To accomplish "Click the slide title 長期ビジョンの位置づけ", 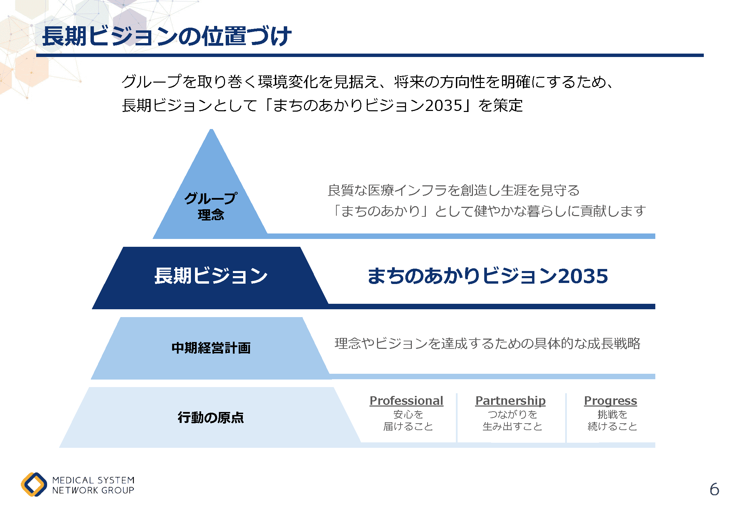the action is click(x=167, y=36).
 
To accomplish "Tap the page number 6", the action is click(x=714, y=489).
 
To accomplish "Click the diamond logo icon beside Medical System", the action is click(x=34, y=484).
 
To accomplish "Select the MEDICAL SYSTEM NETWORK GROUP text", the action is click(x=93, y=485).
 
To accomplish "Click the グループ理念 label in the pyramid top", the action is click(x=211, y=206).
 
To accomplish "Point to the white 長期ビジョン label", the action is click(x=211, y=275).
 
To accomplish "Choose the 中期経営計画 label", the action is click(x=211, y=348).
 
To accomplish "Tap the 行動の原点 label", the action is click(x=211, y=417).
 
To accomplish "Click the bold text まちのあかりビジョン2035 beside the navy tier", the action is click(x=488, y=276).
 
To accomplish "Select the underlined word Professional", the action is click(x=406, y=400).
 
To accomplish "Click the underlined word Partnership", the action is click(x=511, y=401).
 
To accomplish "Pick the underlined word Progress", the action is click(x=611, y=401).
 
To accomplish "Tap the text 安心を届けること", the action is click(x=408, y=420).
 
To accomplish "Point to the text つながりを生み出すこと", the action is click(x=512, y=420).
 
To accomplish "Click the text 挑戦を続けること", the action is click(x=612, y=420).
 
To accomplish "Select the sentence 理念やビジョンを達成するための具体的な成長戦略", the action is click(x=487, y=343).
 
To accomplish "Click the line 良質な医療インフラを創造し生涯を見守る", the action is click(x=453, y=190).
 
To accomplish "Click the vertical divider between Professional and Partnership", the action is click(x=457, y=418).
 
